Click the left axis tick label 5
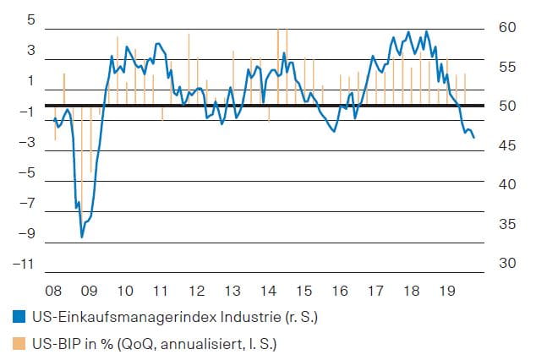tap(30, 19)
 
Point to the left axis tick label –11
tap(23, 265)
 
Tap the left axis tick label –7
tap(26, 204)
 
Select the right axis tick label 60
tap(506, 27)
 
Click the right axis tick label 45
tap(506, 145)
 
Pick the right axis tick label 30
tap(506, 264)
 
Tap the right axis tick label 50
tap(506, 106)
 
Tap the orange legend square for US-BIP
tap(19, 344)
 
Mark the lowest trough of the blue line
tap(82, 237)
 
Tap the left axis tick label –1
tap(26, 112)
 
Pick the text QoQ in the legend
tap(133, 344)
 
